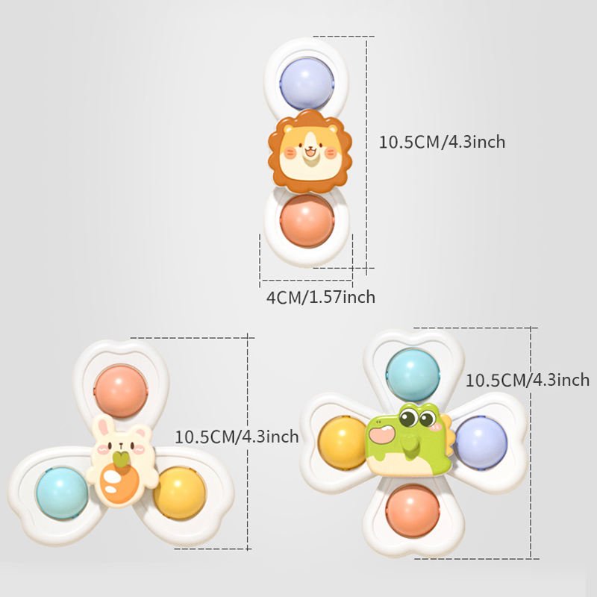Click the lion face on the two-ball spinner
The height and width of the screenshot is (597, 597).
[x=310, y=151]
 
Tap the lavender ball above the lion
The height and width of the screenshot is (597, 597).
[x=307, y=84]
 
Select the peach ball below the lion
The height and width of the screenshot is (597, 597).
[x=307, y=221]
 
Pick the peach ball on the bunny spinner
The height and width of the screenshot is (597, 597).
[x=121, y=391]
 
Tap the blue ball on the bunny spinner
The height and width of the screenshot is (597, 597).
[x=63, y=493]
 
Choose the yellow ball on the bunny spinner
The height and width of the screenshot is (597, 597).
[x=180, y=493]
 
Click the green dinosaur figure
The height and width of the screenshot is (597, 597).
[x=410, y=440]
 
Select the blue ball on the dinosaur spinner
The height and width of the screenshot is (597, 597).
[x=413, y=375]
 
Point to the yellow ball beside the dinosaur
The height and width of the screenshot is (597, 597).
[x=342, y=443]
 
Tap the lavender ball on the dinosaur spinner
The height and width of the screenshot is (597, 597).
[x=481, y=443]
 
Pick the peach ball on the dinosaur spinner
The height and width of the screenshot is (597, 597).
[x=413, y=511]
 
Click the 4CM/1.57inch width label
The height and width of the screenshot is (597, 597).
[x=321, y=297]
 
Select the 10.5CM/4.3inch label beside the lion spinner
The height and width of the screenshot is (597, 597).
[x=442, y=142]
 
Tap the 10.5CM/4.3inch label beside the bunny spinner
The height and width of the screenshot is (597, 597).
[x=237, y=437]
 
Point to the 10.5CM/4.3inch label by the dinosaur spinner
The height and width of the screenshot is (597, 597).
[x=528, y=380]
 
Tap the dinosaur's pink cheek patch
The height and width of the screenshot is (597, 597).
[x=382, y=435]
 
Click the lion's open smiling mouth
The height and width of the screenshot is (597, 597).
[x=310, y=153]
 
